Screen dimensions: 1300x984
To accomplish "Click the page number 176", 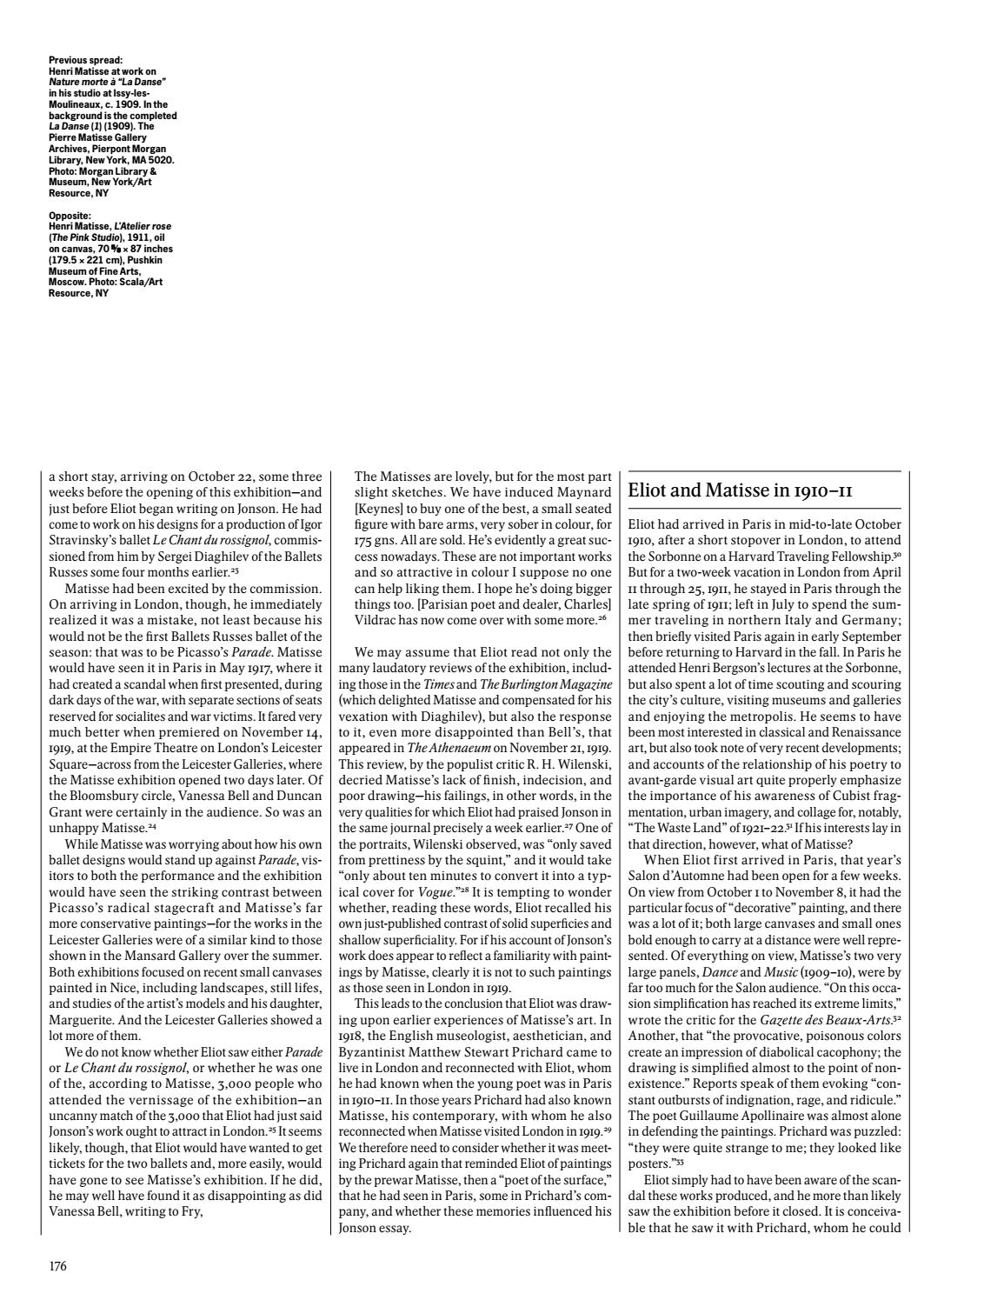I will pyautogui.click(x=57, y=1266).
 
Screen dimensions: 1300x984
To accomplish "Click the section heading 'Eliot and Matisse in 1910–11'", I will pyautogui.click(x=740, y=490).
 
